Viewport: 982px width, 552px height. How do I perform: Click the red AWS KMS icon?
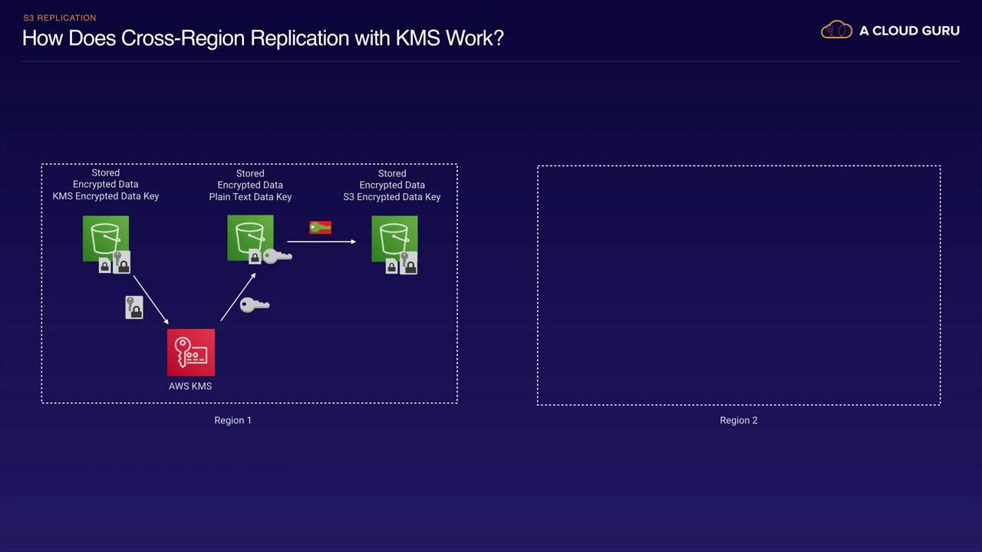[191, 353]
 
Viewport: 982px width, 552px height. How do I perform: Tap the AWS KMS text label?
[190, 386]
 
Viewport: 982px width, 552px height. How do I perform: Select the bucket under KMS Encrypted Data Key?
[106, 238]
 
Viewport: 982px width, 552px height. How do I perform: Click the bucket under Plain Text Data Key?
[250, 238]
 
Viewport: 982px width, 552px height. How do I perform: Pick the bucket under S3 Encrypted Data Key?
[394, 238]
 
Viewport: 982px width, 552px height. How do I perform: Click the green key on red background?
[320, 228]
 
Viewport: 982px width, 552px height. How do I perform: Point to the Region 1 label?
[232, 420]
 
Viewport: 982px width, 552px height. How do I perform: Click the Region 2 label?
[738, 420]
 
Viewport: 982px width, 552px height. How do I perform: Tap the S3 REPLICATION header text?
[60, 18]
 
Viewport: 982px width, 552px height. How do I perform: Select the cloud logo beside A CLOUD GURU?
[836, 31]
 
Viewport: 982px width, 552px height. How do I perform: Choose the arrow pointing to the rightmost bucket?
[322, 242]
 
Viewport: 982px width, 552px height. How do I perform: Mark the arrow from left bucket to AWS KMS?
[150, 300]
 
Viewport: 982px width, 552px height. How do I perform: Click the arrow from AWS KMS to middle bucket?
[237, 297]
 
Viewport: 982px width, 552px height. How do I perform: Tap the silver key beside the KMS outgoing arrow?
[255, 305]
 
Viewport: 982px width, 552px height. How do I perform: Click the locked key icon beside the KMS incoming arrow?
[134, 307]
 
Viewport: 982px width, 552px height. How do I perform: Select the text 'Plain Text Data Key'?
[250, 197]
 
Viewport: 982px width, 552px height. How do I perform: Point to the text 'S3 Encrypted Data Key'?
[392, 197]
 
